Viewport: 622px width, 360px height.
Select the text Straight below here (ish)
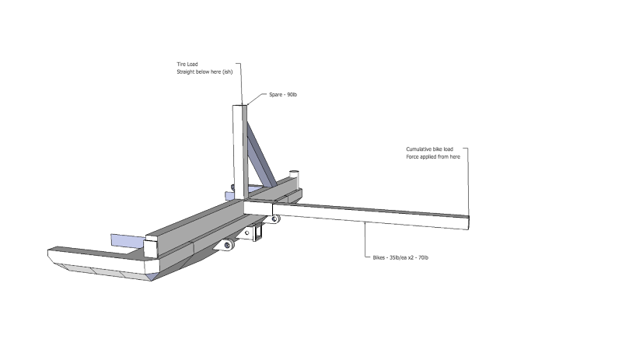click(204, 72)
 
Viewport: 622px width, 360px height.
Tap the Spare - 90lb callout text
click(283, 95)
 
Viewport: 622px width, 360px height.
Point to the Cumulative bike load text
click(435, 149)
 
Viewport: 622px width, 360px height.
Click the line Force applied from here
click(433, 156)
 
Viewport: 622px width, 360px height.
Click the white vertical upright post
click(239, 148)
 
